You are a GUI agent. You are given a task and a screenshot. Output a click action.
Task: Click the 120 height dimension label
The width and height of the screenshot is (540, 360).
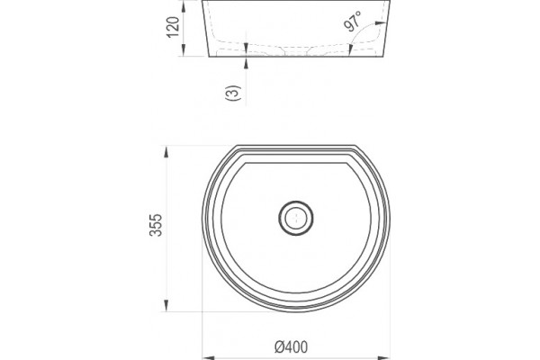coord(173,27)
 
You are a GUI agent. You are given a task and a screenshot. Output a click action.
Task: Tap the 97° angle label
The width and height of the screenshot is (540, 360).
coord(353,22)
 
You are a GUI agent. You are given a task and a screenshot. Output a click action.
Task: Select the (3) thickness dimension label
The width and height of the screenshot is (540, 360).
coord(232,93)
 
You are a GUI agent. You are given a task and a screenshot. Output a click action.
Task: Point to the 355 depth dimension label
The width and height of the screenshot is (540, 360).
coord(156,225)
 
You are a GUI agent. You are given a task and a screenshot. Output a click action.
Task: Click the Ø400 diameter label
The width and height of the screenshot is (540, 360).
coord(292,346)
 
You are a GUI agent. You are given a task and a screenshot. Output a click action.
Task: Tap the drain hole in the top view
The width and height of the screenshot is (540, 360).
coord(296,218)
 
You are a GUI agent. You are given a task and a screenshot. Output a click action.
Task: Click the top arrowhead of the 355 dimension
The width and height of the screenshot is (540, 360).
coord(166,152)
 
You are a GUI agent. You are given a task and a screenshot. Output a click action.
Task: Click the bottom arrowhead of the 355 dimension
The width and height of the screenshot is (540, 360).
coord(166,306)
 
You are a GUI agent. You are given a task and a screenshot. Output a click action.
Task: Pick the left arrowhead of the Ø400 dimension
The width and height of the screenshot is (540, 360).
coord(208,357)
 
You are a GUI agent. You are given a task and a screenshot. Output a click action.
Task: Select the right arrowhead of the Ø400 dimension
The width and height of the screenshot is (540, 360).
coord(384,357)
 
